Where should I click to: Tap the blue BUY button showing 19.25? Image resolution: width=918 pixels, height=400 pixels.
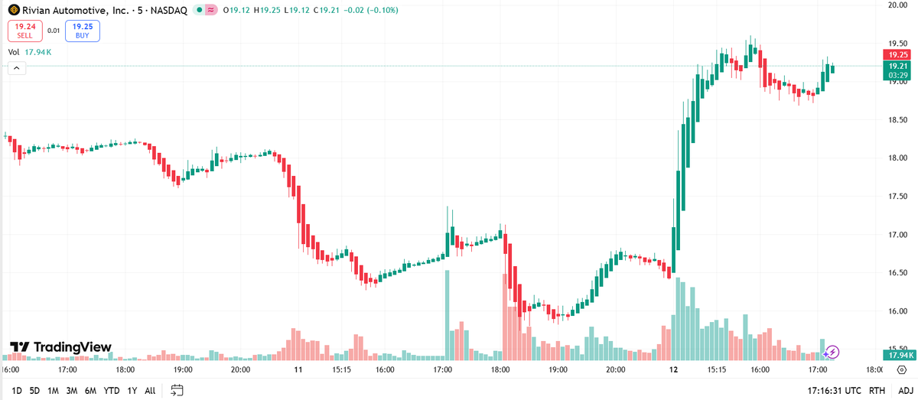click(x=82, y=31)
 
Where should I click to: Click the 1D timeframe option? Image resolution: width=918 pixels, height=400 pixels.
click(x=17, y=390)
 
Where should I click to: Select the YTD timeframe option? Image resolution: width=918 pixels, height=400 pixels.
click(x=111, y=390)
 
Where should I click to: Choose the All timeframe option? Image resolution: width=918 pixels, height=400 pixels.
click(x=150, y=390)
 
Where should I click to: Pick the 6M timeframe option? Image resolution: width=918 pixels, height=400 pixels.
click(x=90, y=390)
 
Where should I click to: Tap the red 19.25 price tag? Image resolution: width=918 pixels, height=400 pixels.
click(x=897, y=55)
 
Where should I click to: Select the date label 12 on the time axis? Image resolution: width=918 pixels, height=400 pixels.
click(x=673, y=369)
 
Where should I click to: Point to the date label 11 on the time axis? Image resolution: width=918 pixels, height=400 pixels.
click(x=298, y=369)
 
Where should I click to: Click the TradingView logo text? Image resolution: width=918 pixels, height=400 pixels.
click(x=60, y=347)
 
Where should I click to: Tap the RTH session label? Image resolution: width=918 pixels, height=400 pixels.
click(x=877, y=390)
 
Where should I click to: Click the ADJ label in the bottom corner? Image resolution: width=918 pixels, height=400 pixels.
click(x=905, y=390)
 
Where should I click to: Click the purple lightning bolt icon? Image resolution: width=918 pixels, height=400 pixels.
click(x=833, y=352)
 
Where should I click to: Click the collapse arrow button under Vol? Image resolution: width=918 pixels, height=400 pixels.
click(x=17, y=69)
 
